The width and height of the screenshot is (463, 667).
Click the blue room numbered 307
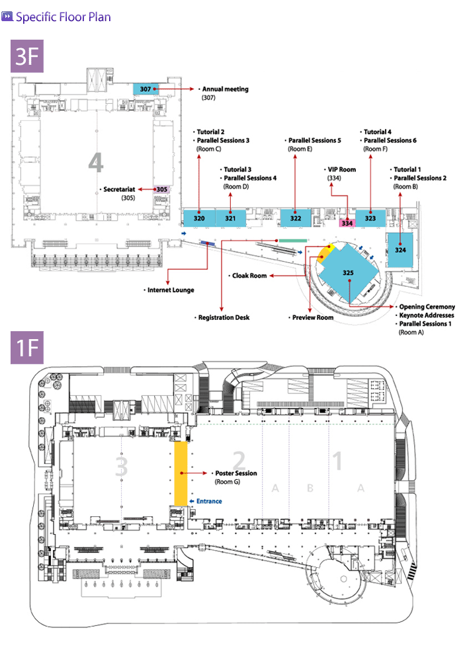coord(146,89)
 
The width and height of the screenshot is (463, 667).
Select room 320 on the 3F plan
coord(199,217)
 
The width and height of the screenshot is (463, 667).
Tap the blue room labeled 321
coord(230,217)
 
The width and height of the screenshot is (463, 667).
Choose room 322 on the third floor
coord(295,217)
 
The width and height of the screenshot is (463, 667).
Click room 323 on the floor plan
coord(370,217)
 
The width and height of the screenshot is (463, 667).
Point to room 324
coord(400,250)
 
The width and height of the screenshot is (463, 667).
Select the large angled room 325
coord(349,272)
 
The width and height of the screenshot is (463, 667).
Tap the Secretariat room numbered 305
coord(162,189)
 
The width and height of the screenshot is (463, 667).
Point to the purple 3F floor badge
coord(28,57)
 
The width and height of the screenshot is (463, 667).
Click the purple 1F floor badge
coord(28,347)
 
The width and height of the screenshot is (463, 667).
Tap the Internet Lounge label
coord(170,290)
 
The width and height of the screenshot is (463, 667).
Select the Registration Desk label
coord(225,318)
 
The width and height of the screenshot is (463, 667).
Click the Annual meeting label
coord(225,89)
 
